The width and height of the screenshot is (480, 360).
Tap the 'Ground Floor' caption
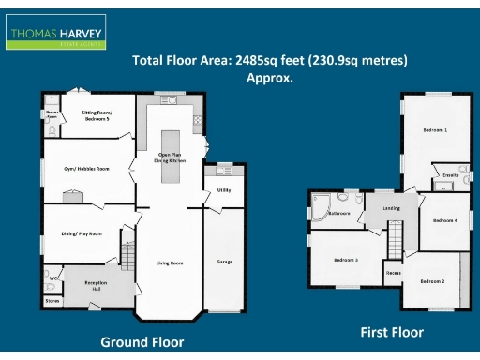pos(142,342)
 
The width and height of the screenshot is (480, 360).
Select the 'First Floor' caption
pos(392,332)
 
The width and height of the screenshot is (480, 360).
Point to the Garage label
pos(225,262)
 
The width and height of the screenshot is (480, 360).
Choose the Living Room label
pos(170,262)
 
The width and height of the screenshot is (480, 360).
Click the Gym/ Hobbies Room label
pos(87,169)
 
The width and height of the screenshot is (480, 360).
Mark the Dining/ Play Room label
pos(82,233)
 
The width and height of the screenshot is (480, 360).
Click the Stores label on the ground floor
pos(51,301)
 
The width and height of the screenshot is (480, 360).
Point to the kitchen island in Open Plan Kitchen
pos(171,159)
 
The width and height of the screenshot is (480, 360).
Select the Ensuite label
pos(449,175)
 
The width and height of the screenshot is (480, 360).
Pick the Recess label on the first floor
pos(394,273)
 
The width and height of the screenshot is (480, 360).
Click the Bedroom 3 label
pos(345,260)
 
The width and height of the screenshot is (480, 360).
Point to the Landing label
pos(391,208)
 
